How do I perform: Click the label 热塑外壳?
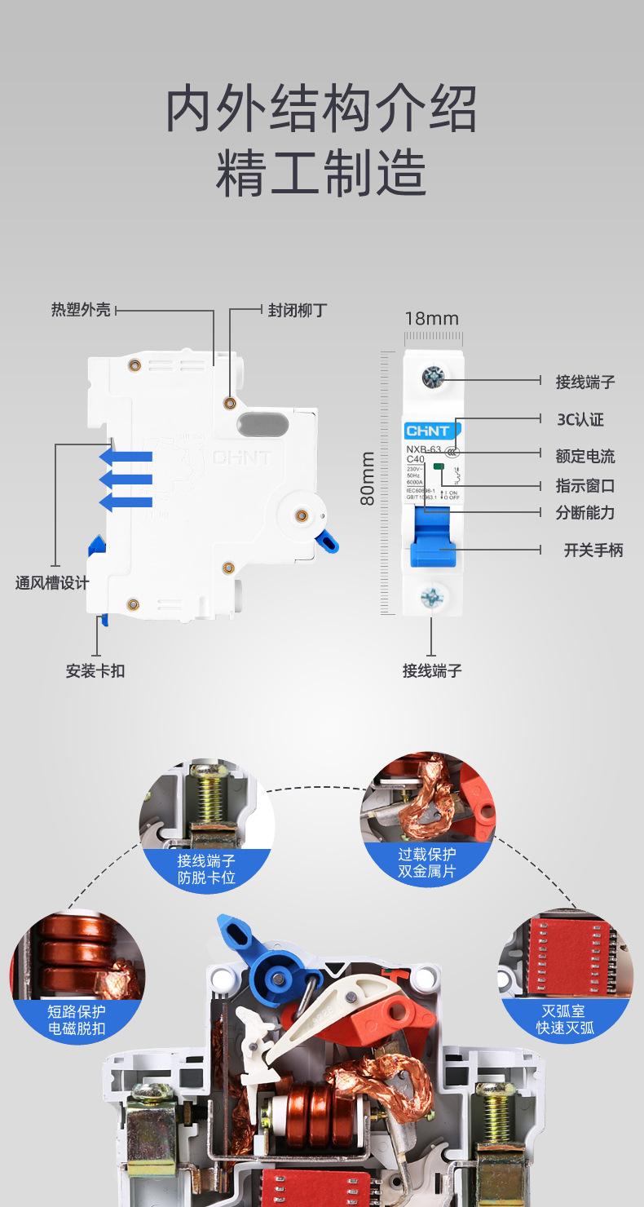pos(81,311)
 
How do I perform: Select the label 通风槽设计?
pos(52,583)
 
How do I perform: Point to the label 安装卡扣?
pos(95,671)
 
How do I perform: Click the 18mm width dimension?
pos(432,319)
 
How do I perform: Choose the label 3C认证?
pos(580,420)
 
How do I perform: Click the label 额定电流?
pos(584,456)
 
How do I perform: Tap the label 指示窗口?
pos(584,486)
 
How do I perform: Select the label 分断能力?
pos(584,513)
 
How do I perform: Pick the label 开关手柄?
pos(593,550)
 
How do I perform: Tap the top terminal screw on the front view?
pos(432,377)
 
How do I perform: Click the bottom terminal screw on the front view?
pos(431,597)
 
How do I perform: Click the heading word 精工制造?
pos(321,172)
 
